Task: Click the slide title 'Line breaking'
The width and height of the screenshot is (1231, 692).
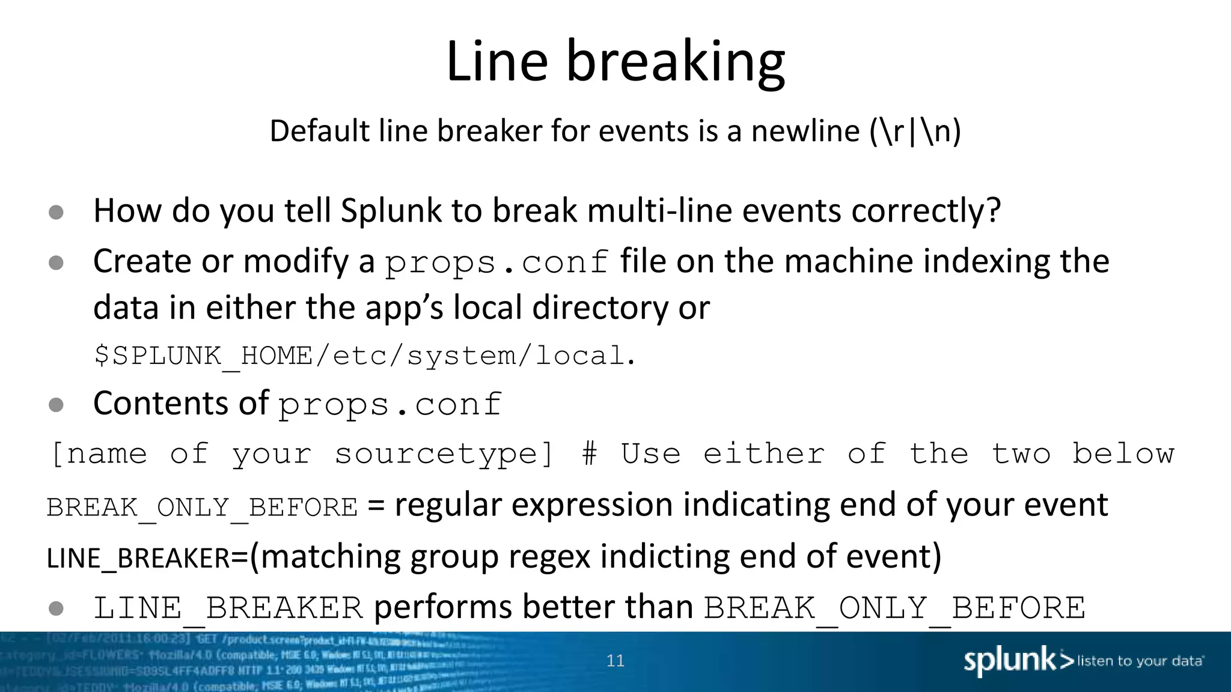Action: pos(615,62)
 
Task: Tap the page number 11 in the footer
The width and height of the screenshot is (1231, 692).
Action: pos(615,661)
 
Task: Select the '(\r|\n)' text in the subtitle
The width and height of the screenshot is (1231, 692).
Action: pos(915,131)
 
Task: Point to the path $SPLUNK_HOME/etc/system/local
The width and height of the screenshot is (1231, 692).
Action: pos(364,356)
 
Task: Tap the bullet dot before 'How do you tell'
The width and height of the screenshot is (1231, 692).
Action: pos(56,212)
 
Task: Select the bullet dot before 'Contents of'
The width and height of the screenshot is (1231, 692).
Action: pos(56,405)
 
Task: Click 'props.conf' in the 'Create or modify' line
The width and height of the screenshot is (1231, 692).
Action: pos(497,263)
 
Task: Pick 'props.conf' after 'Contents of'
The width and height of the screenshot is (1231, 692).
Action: pos(390,405)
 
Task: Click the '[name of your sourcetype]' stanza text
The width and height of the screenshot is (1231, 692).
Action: pos(302,454)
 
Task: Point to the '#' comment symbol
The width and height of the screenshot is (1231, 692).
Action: pos(590,454)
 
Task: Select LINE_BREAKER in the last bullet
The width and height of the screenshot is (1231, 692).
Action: pos(228,608)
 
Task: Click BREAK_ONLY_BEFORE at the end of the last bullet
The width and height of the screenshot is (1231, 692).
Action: pos(894,608)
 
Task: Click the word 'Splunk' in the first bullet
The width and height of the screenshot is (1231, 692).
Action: pos(391,211)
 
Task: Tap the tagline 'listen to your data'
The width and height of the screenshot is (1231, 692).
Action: pos(1140,661)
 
